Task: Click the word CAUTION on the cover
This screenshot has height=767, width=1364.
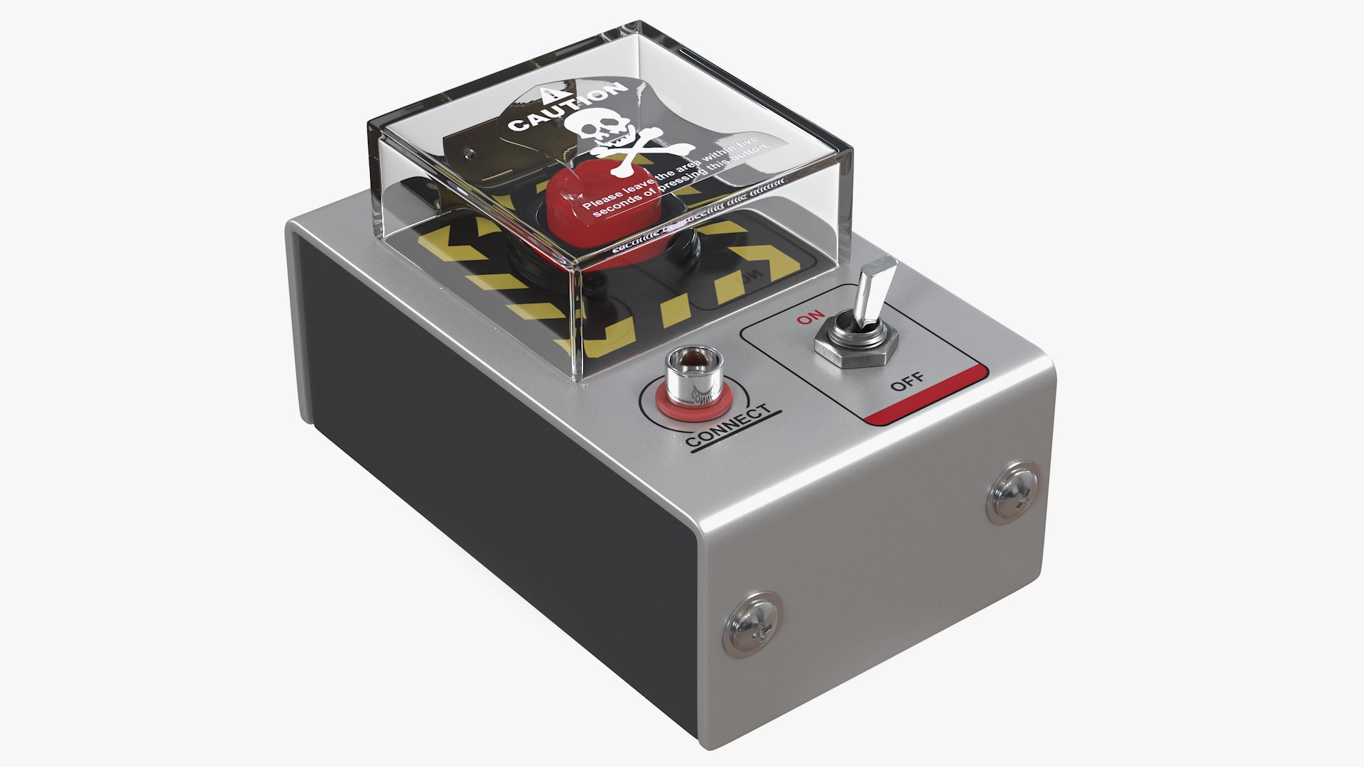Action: click(568, 109)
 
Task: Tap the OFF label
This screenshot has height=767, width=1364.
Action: click(908, 382)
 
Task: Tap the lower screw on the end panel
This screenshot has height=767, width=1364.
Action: click(753, 622)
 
